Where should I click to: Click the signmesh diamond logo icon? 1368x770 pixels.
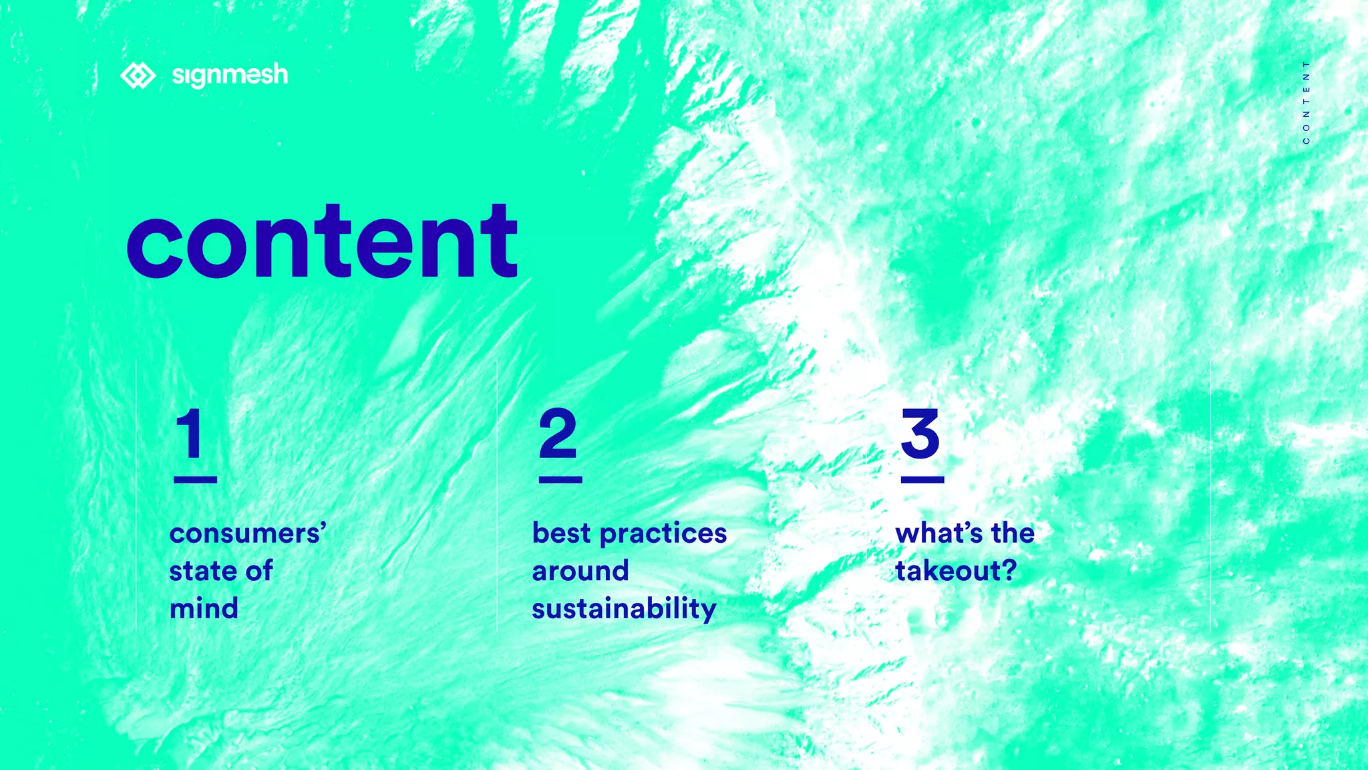pos(138,76)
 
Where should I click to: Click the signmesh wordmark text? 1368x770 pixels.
pos(230,75)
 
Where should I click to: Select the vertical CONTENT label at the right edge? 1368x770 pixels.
pos(1306,102)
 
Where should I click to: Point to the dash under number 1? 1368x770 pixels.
pos(195,479)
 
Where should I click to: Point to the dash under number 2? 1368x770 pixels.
pos(560,479)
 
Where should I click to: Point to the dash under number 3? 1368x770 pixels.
pos(922,479)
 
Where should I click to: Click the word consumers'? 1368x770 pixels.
pos(248,533)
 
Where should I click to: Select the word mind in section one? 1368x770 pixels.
pos(204,609)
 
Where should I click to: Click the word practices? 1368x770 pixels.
pos(663,533)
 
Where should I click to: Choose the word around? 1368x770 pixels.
pos(580,571)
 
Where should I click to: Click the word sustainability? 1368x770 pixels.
pos(624,609)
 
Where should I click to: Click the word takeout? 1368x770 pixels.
pos(956,571)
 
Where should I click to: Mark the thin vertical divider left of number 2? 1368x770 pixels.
pos(497,495)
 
